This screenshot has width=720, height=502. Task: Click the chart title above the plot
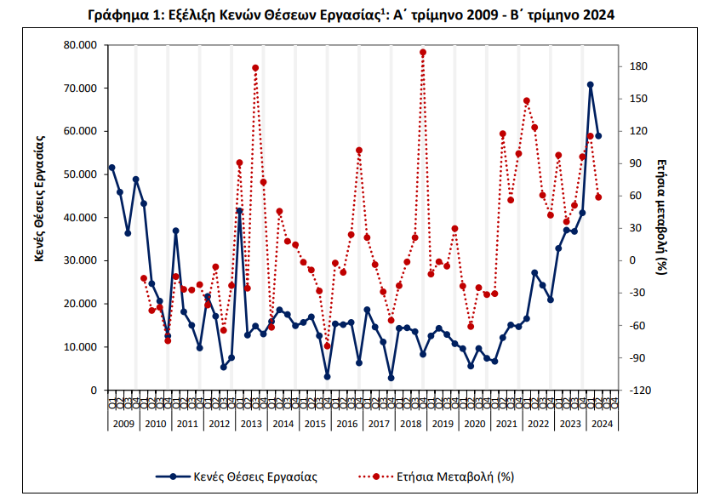[351, 15]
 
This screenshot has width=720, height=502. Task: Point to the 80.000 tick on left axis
[79, 45]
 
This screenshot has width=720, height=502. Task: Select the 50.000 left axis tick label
[79, 174]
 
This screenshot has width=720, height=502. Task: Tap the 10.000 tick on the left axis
[79, 347]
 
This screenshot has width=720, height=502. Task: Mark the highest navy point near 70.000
[590, 85]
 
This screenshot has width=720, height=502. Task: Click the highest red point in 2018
[423, 52]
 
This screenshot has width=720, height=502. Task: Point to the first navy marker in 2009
[111, 168]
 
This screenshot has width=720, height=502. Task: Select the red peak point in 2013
[255, 68]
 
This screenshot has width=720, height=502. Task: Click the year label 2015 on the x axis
[315, 423]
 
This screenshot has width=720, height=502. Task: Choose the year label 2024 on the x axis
[602, 423]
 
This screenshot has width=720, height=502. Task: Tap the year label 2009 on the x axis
[123, 423]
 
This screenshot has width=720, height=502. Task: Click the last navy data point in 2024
[598, 136]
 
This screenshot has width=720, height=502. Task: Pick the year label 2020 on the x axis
[474, 423]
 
